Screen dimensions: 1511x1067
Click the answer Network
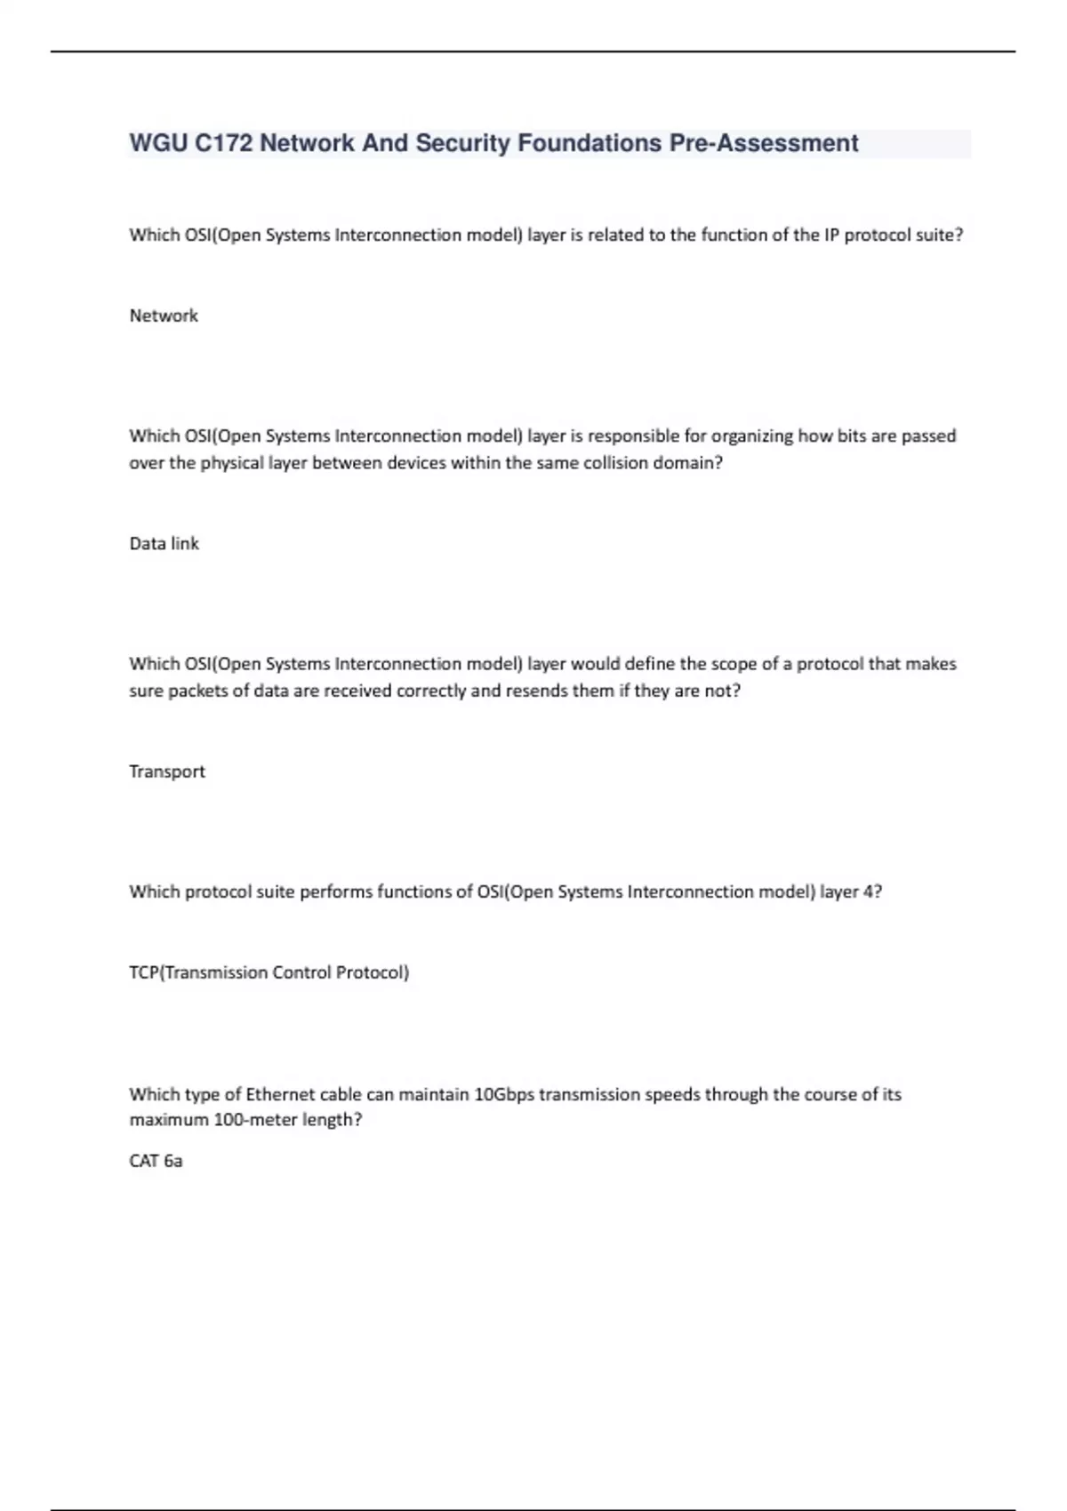(164, 316)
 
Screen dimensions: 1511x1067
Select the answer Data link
(164, 543)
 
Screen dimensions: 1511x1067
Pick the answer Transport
(167, 771)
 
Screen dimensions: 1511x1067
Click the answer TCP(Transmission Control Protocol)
(269, 971)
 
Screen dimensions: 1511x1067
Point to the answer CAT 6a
(156, 1160)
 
